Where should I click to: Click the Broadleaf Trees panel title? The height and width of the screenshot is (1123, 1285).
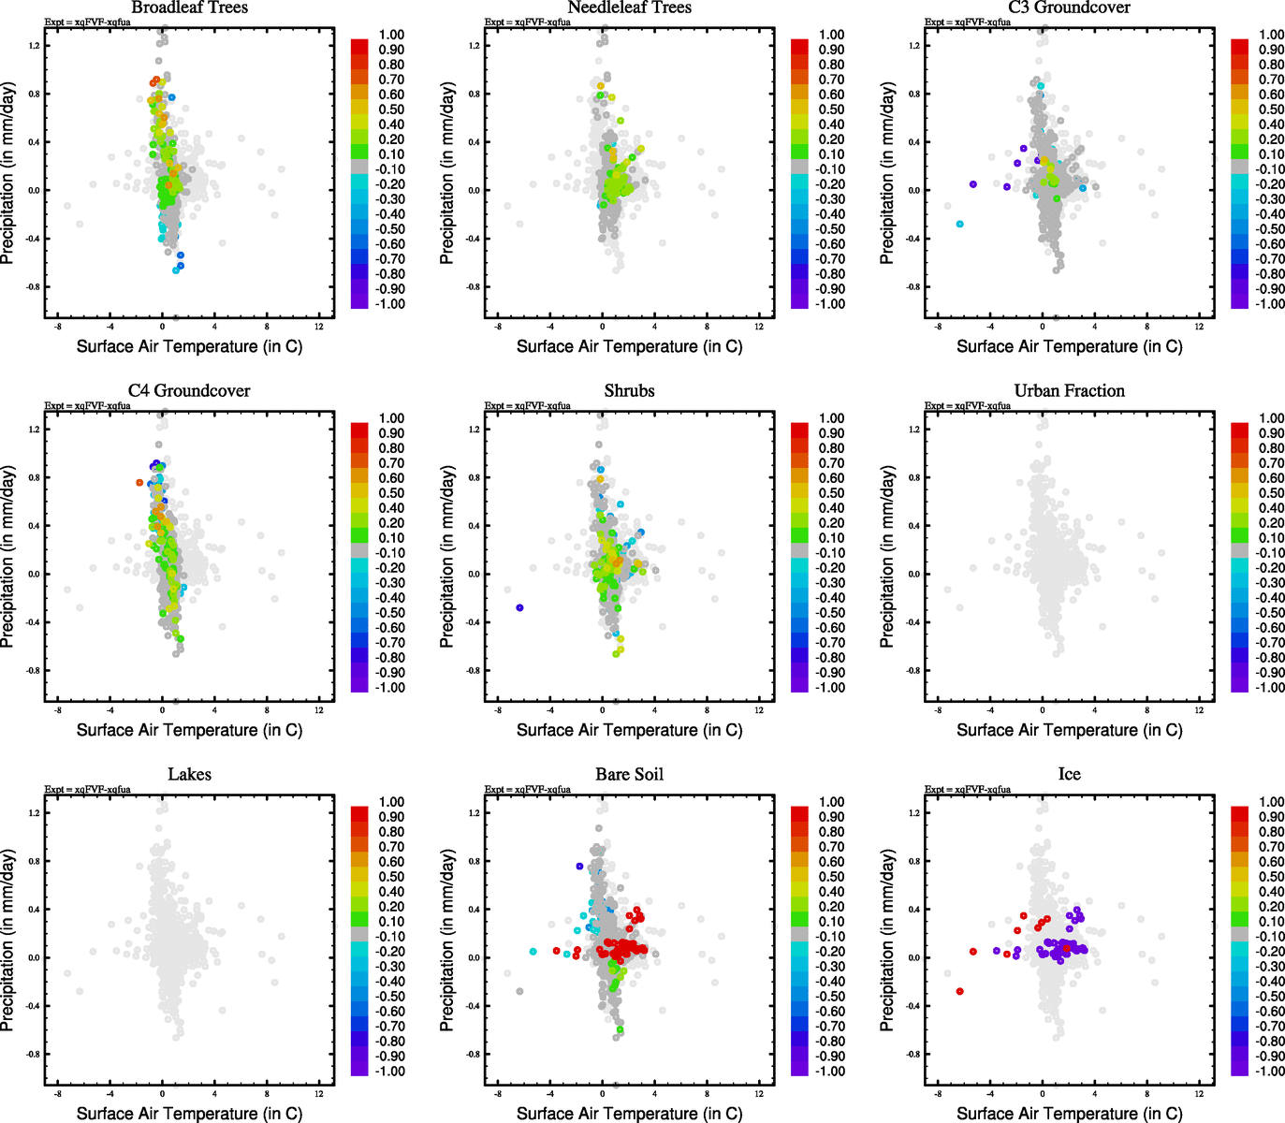pyautogui.click(x=189, y=7)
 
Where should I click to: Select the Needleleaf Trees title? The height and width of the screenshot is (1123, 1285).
pyautogui.click(x=629, y=7)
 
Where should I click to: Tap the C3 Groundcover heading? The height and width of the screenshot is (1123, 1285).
pyautogui.click(x=1069, y=7)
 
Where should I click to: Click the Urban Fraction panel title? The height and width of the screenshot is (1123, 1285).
pyautogui.click(x=1069, y=391)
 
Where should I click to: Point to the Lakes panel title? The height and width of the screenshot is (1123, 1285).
pyautogui.click(x=189, y=775)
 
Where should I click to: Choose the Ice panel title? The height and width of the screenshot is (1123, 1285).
pyautogui.click(x=1069, y=775)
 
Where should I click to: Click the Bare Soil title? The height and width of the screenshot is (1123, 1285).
pyautogui.click(x=629, y=775)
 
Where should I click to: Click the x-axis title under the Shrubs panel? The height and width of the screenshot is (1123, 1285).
pyautogui.click(x=629, y=730)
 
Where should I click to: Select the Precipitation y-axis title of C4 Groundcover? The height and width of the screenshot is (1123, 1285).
pyautogui.click(x=8, y=557)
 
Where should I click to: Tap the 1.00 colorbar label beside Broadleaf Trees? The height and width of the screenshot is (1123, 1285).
pyautogui.click(x=391, y=35)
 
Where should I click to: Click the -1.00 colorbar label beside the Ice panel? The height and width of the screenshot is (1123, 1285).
pyautogui.click(x=1269, y=1072)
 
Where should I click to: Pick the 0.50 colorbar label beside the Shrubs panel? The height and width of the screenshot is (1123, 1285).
pyautogui.click(x=831, y=493)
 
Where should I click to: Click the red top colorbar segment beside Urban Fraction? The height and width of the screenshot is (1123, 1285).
pyautogui.click(x=1239, y=430)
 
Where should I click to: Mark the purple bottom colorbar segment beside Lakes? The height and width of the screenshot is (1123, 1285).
pyautogui.click(x=359, y=1068)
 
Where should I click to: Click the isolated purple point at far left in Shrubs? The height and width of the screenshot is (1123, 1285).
pyautogui.click(x=519, y=608)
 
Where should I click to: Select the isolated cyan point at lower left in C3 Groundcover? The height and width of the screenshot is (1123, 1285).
pyautogui.click(x=959, y=224)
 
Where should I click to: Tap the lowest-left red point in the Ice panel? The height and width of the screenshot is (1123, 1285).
pyautogui.click(x=959, y=991)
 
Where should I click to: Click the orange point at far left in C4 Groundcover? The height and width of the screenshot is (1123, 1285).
pyautogui.click(x=139, y=483)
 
